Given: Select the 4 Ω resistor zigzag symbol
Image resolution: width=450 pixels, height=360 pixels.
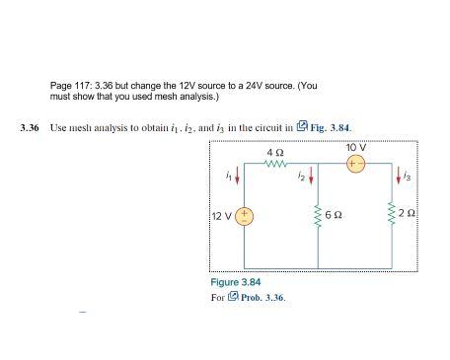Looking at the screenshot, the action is (x=275, y=165).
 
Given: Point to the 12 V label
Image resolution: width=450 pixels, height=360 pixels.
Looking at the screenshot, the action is (x=222, y=216).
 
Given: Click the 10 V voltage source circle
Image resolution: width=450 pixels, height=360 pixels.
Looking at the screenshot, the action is (x=354, y=165).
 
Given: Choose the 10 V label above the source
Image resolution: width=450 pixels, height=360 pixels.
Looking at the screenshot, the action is (x=355, y=148).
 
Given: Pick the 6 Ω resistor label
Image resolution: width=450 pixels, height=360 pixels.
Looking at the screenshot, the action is (x=337, y=216).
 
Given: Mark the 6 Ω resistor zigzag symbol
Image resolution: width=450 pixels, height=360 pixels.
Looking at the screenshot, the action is (x=319, y=216).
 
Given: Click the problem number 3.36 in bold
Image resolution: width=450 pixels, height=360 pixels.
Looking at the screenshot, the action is (x=31, y=129).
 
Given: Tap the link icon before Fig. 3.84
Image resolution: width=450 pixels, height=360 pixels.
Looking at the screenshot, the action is (x=302, y=128).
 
